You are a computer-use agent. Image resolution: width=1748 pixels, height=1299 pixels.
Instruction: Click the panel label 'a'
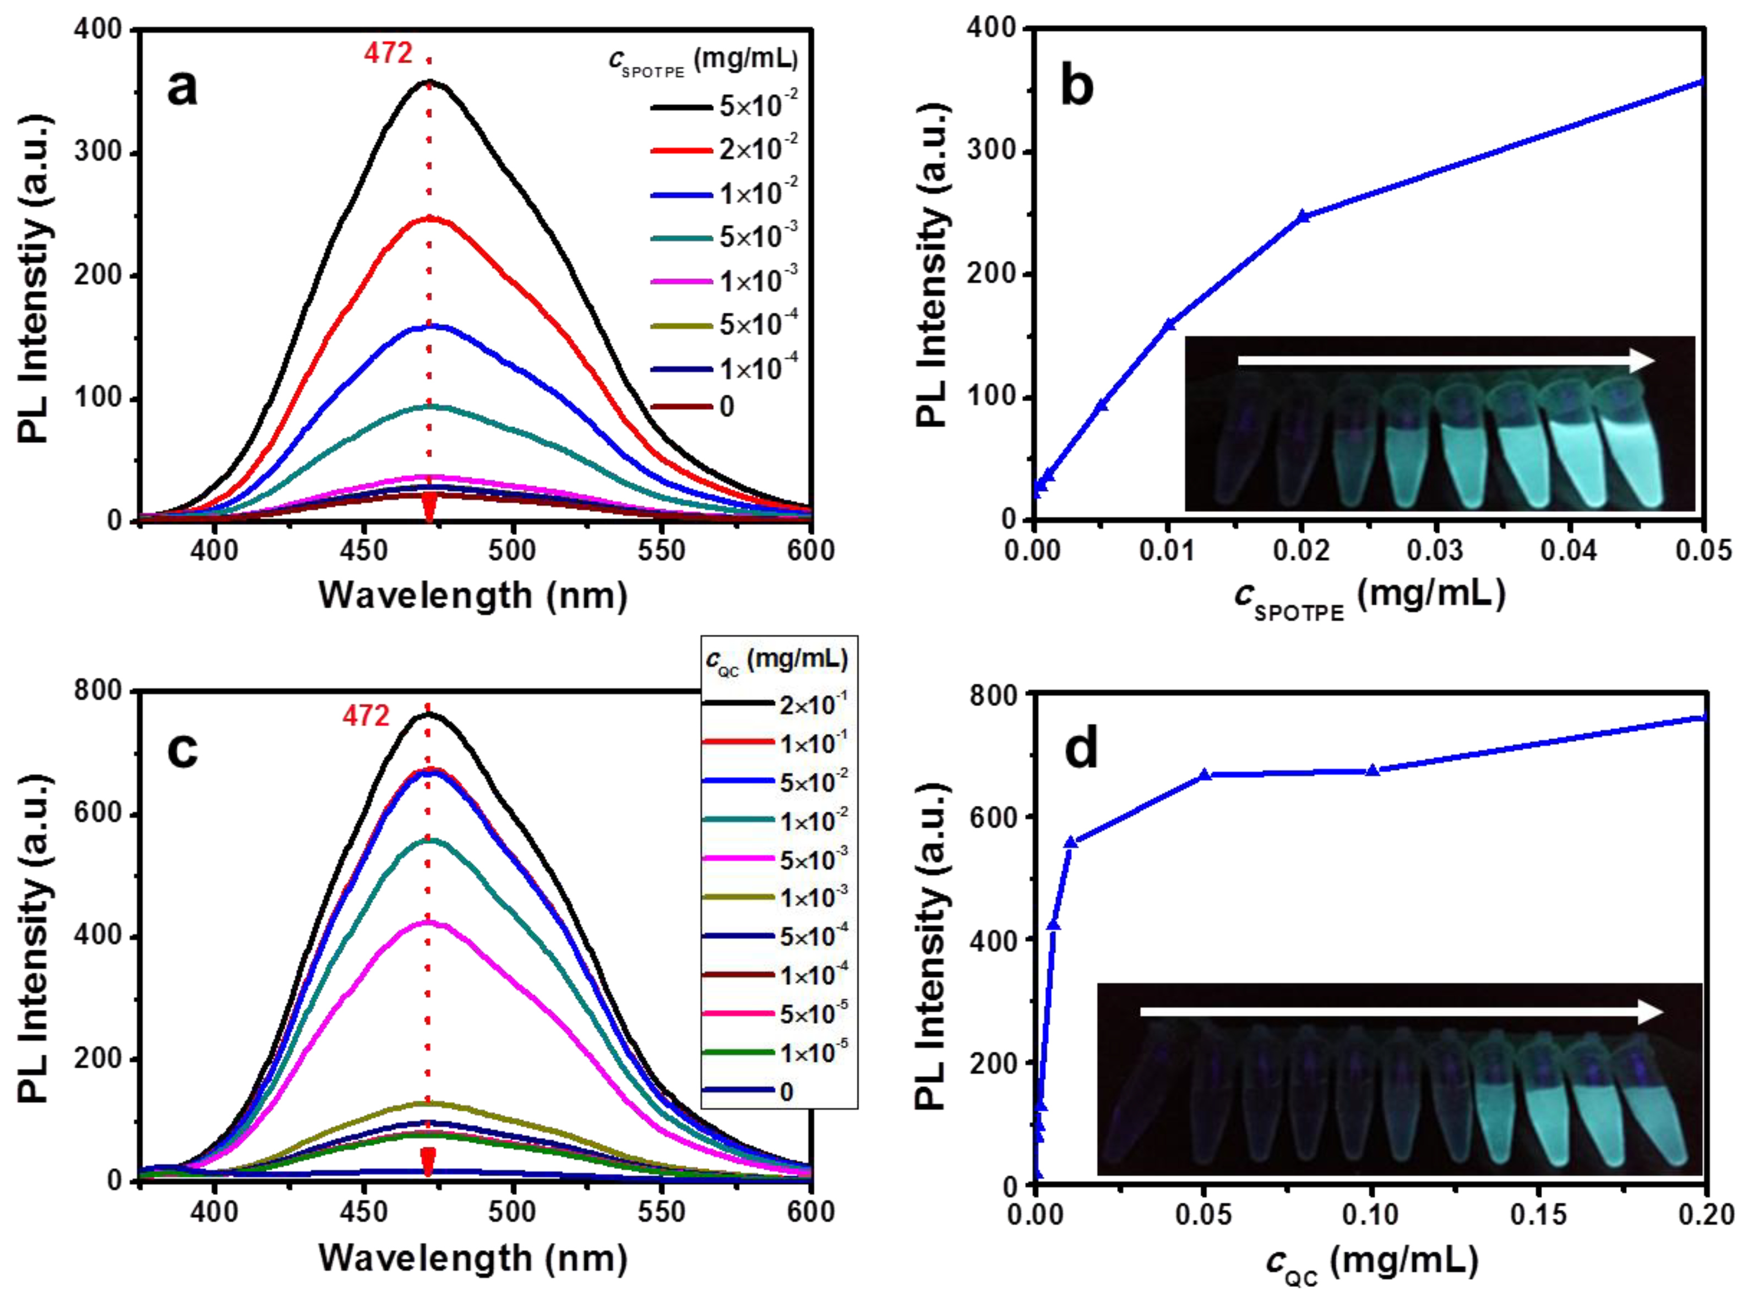coord(182,88)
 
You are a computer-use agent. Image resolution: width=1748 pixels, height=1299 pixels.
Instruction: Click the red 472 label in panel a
coord(388,53)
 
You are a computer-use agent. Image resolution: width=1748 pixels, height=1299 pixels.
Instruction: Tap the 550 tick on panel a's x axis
coord(661,550)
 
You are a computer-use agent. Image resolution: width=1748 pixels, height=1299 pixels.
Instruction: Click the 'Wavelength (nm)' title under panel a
coord(472,595)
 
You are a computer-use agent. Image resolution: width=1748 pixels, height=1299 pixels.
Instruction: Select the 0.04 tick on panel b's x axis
coord(1568,550)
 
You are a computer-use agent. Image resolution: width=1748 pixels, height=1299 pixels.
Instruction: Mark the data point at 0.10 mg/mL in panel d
coord(1372,771)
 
